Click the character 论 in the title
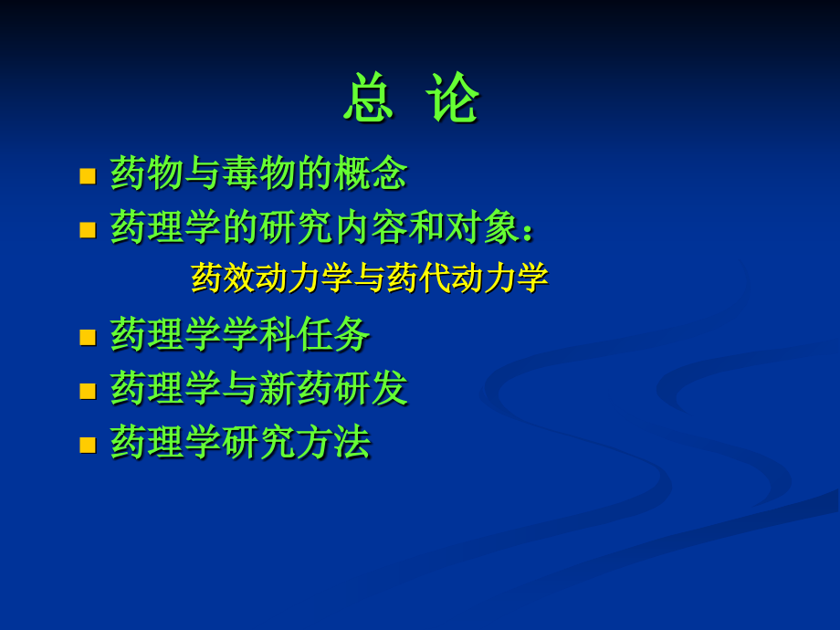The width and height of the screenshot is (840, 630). click(x=455, y=98)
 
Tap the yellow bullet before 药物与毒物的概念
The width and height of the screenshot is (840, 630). click(x=88, y=175)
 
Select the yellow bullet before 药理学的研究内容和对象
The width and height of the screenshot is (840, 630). click(x=88, y=229)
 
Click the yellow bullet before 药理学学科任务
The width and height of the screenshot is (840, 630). click(x=88, y=337)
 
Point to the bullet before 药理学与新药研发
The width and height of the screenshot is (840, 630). click(x=88, y=391)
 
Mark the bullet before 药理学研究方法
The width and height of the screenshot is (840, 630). click(x=88, y=445)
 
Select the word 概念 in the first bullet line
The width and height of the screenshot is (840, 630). click(x=370, y=173)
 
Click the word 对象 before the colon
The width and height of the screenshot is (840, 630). click(x=482, y=227)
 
